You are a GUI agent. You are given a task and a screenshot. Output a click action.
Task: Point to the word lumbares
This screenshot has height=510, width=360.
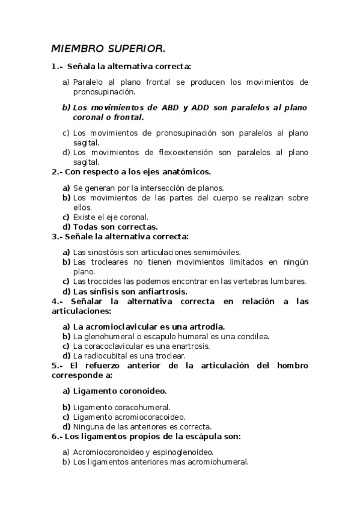(x=291, y=281)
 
